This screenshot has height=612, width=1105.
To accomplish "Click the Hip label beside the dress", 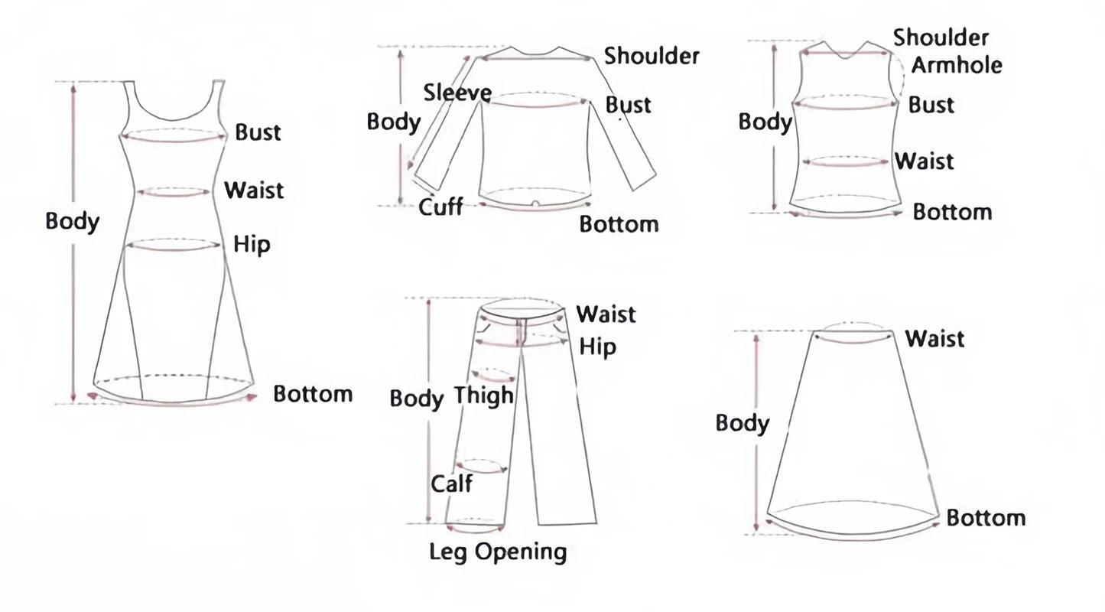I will point(252,245).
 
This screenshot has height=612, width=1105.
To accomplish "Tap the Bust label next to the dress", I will point(258,132).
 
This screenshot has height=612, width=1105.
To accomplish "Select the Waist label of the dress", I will point(254,189).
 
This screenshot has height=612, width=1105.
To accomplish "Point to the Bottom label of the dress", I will point(313,394).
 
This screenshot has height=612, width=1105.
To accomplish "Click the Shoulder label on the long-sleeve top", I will point(652,55).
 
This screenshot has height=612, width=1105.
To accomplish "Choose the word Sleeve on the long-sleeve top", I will point(457,93).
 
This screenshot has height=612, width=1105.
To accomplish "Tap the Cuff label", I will point(440,207).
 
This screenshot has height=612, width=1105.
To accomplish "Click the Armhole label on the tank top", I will point(957,65).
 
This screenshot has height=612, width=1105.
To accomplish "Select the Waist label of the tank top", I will point(925,161).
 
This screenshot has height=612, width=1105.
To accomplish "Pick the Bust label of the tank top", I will point(931,105).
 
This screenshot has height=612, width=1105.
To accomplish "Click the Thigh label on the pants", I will point(484,396).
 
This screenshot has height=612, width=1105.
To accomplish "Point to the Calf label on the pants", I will point(451,483).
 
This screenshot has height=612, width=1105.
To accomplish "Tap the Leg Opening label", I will point(498,552).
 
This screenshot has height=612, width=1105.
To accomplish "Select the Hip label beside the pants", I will point(597,347).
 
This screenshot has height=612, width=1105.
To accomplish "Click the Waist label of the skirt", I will point(934,338).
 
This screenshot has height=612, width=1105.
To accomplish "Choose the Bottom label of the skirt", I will point(986,518).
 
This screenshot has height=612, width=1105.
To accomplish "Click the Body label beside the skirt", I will point(742,423).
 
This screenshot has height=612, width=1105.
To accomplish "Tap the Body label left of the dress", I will point(73,222).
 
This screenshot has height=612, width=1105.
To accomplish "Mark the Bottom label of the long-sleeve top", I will point(619,224).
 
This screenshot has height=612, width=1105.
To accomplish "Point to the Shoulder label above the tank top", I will point(941,37).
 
